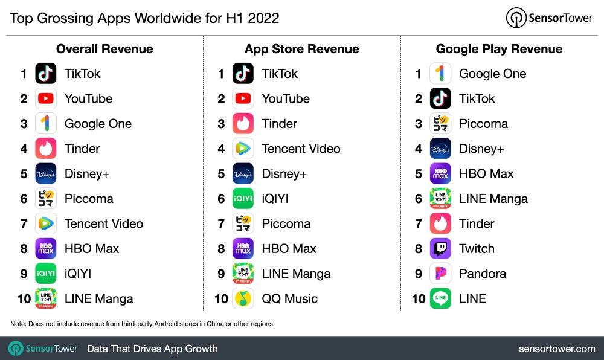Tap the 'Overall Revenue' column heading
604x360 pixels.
pos(104,49)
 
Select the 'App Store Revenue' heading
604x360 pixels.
pos(301,49)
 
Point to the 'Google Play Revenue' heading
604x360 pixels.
pos(499,49)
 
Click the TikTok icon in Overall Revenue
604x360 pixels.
pos(46,74)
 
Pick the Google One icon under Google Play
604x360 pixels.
pos(440,74)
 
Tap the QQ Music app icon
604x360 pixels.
pos(243,298)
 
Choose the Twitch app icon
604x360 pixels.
pos(440,248)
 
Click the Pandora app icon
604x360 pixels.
pos(440,274)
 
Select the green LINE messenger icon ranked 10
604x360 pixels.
pos(440,298)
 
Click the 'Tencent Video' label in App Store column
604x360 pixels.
pos(301,149)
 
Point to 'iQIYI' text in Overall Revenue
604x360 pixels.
pos(78,274)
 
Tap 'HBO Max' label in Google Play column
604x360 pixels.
pos(486,173)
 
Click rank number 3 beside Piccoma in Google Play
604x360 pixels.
pos(418,124)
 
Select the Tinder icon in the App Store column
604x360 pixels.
pos(243,124)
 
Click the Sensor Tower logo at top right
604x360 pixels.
pos(549,18)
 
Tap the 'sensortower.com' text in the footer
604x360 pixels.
pos(557,349)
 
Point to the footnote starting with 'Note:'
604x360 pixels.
pos(143,324)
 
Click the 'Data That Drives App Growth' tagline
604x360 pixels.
pos(152,349)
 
